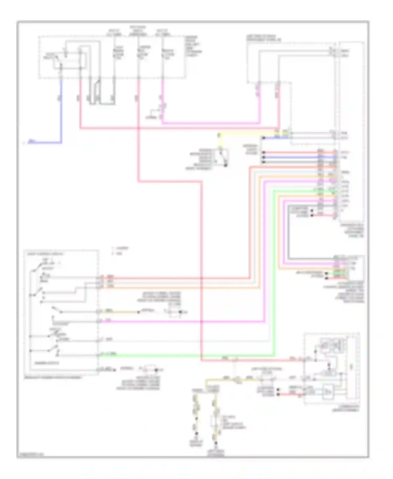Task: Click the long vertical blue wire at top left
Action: (x=62, y=110)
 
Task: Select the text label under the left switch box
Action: (x=52, y=378)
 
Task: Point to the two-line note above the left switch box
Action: (x=121, y=251)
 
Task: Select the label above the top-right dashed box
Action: (x=263, y=38)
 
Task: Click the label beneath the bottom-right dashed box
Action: (x=346, y=409)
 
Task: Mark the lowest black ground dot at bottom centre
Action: (x=216, y=443)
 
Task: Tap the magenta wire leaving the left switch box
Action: (x=183, y=321)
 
